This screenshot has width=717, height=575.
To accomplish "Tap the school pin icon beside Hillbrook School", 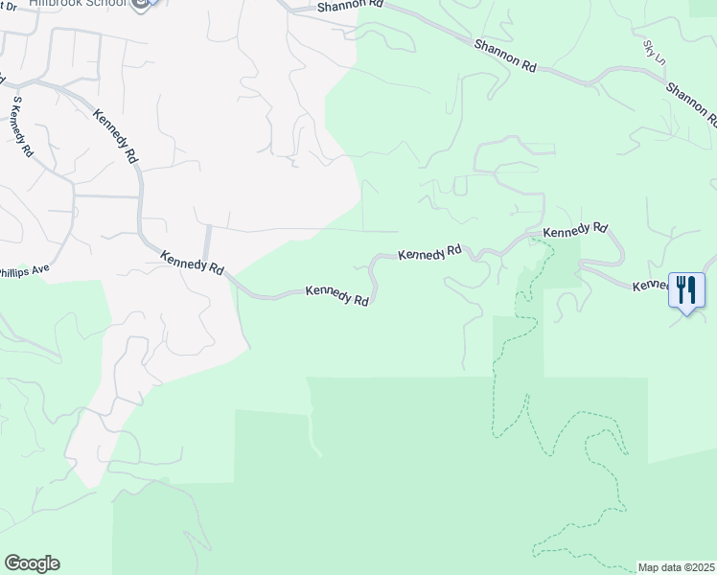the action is (143, 5).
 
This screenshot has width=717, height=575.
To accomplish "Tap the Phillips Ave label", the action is (23, 272).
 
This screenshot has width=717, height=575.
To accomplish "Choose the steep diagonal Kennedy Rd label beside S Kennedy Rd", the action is (116, 135).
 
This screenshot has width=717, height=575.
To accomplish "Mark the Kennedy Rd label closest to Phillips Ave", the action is (192, 264).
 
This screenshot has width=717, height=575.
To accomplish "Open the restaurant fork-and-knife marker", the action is (686, 288).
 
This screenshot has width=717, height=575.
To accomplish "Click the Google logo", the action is (32, 563).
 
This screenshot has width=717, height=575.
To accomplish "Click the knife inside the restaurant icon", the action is (691, 288).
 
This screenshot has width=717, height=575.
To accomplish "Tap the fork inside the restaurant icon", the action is (682, 288).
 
